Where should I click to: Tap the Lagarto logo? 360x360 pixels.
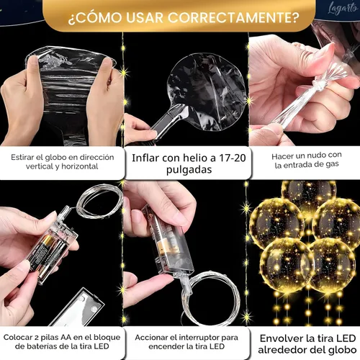pyautogui.click(x=343, y=9)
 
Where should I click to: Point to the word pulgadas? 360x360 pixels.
pyautogui.click(x=189, y=170)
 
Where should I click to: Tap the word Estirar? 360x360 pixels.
pyautogui.click(x=22, y=157)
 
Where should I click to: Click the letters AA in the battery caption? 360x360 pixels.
pyautogui.click(x=66, y=337)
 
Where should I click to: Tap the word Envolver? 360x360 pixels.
pyautogui.click(x=279, y=338)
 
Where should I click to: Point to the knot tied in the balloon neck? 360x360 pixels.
pyautogui.click(x=320, y=85)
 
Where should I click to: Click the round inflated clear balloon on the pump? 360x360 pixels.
pyautogui.click(x=207, y=91)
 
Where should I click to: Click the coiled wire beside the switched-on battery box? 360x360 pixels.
pyautogui.click(x=211, y=297)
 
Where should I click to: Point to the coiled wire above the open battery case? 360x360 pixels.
pyautogui.click(x=99, y=202)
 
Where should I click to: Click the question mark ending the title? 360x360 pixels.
pyautogui.click(x=295, y=17)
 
